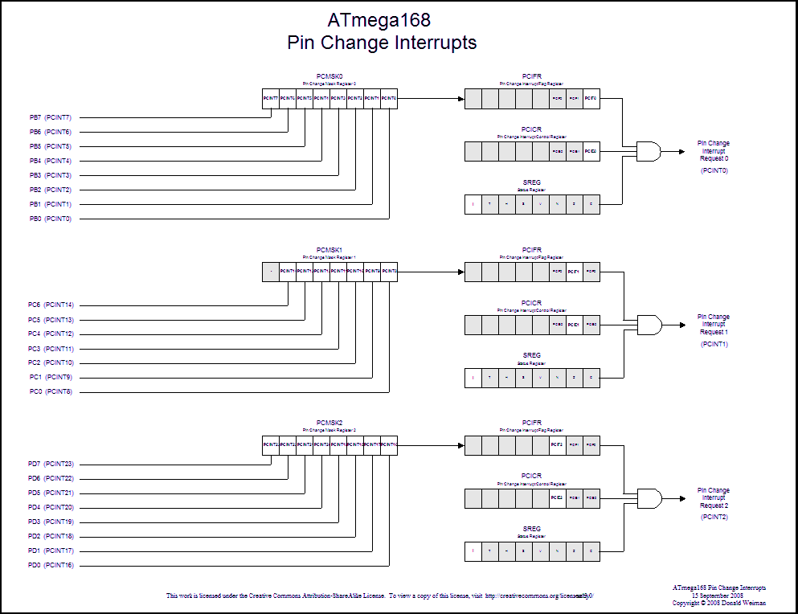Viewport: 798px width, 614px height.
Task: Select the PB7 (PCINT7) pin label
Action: coord(50,117)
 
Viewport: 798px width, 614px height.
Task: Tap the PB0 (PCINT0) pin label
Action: coord(50,219)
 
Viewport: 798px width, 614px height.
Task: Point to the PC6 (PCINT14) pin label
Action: coord(51,305)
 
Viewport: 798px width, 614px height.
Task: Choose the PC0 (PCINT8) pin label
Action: coord(50,392)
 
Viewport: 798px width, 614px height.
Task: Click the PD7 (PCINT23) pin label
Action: coord(51,464)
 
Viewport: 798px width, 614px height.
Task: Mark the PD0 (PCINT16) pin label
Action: coord(51,566)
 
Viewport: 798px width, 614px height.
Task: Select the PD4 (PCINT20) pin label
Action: coord(51,507)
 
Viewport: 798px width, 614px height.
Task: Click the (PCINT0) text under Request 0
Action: coord(714,170)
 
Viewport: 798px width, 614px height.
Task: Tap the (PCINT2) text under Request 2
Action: coord(714,517)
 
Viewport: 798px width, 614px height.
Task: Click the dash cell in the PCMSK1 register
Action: coord(271,272)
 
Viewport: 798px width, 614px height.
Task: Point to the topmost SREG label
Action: coord(531,182)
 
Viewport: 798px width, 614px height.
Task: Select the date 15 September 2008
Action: coord(719,596)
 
